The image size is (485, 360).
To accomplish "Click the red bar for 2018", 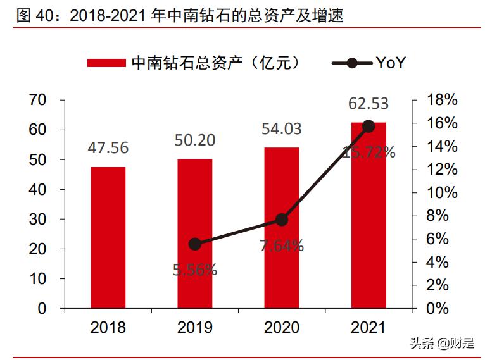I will point(108,238).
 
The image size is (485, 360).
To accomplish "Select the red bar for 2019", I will point(194,233).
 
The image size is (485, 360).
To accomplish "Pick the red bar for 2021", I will point(368,215).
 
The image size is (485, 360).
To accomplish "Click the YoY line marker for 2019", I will point(195,244).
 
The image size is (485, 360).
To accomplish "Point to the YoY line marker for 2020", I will point(282,220).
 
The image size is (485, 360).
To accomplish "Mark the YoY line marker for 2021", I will point(368,127).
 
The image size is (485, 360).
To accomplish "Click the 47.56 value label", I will point(108,148).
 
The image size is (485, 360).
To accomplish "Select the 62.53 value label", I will point(368,103).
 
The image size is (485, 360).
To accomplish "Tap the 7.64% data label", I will point(282,245).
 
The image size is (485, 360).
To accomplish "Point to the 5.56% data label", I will point(195,270).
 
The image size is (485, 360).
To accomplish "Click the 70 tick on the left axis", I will point(38,100).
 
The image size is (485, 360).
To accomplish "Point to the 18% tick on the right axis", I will point(442,100).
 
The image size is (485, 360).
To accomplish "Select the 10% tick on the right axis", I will point(442,192).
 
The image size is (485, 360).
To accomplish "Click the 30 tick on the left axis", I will point(38,219).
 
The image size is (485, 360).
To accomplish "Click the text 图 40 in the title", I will point(29,16).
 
